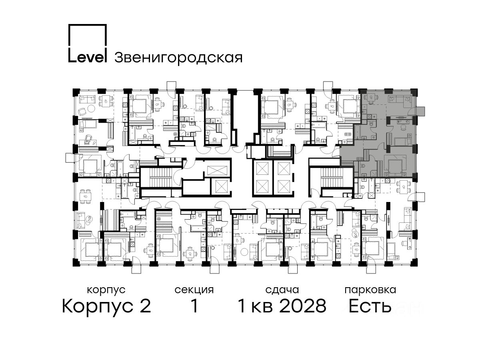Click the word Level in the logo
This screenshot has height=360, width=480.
[88, 57]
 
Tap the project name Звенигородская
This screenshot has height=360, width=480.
[178, 58]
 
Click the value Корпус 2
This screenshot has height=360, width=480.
[106, 306]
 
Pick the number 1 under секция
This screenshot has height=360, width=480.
[194, 306]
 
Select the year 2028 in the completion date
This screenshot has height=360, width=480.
[303, 306]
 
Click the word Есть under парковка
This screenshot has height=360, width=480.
[370, 306]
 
